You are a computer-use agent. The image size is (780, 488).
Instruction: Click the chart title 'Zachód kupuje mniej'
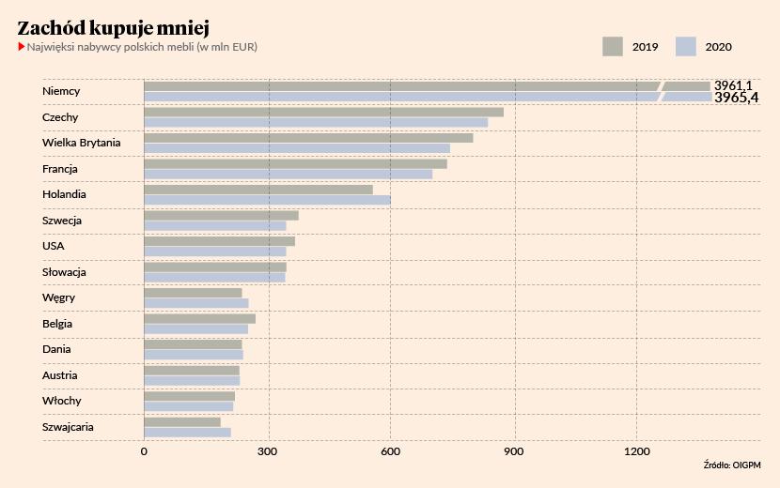(113, 26)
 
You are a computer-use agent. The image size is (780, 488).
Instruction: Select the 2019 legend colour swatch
(613, 47)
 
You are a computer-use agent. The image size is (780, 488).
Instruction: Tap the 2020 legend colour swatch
(685, 47)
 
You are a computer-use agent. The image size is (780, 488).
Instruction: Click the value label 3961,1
(733, 85)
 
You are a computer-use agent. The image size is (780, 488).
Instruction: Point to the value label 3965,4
(736, 98)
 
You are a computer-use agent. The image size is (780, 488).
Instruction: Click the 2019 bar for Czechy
(323, 112)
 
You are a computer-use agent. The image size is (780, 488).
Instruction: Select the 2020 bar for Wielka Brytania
(297, 148)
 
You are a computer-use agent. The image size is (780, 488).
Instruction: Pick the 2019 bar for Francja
(295, 163)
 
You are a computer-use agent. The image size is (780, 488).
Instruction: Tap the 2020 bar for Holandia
(267, 200)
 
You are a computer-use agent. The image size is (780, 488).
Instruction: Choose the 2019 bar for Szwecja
(221, 215)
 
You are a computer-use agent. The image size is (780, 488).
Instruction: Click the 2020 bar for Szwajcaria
(187, 432)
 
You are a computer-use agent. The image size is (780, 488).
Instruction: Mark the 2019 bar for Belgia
(199, 318)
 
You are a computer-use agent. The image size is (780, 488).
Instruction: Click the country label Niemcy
(61, 91)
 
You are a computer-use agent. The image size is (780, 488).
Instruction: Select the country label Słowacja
(64, 272)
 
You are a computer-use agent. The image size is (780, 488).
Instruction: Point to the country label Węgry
(58, 297)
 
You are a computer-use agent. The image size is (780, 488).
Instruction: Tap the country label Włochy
(61, 401)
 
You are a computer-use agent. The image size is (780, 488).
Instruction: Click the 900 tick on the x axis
(514, 452)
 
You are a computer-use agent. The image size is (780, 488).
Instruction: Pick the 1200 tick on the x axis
(637, 452)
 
